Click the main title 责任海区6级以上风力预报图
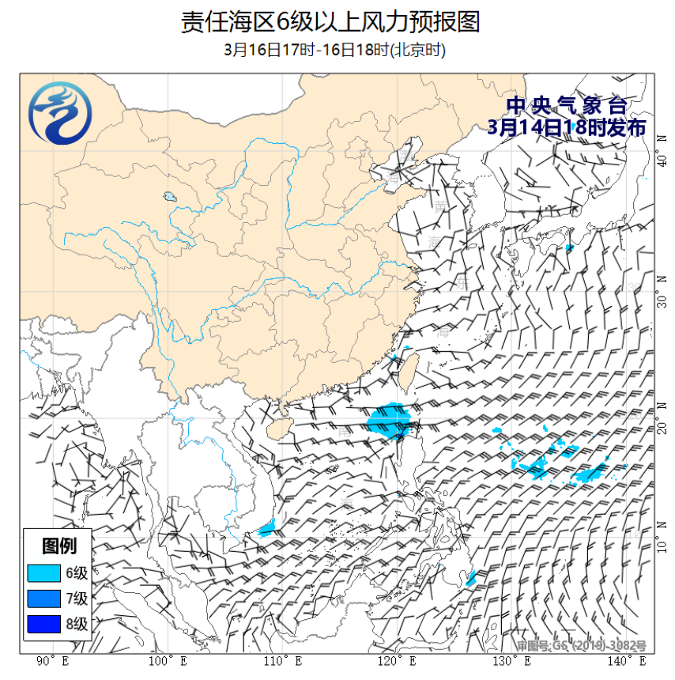click(331, 21)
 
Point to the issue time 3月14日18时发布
click(567, 127)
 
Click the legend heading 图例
click(59, 546)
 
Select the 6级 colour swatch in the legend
click(43, 572)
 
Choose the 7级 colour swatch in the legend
click(43, 598)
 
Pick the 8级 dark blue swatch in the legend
click(43, 624)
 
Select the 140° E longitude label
click(625, 661)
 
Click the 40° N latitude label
click(663, 161)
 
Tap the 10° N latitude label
click(663, 545)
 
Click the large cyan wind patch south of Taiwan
click(389, 420)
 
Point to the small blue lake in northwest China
click(169, 197)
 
